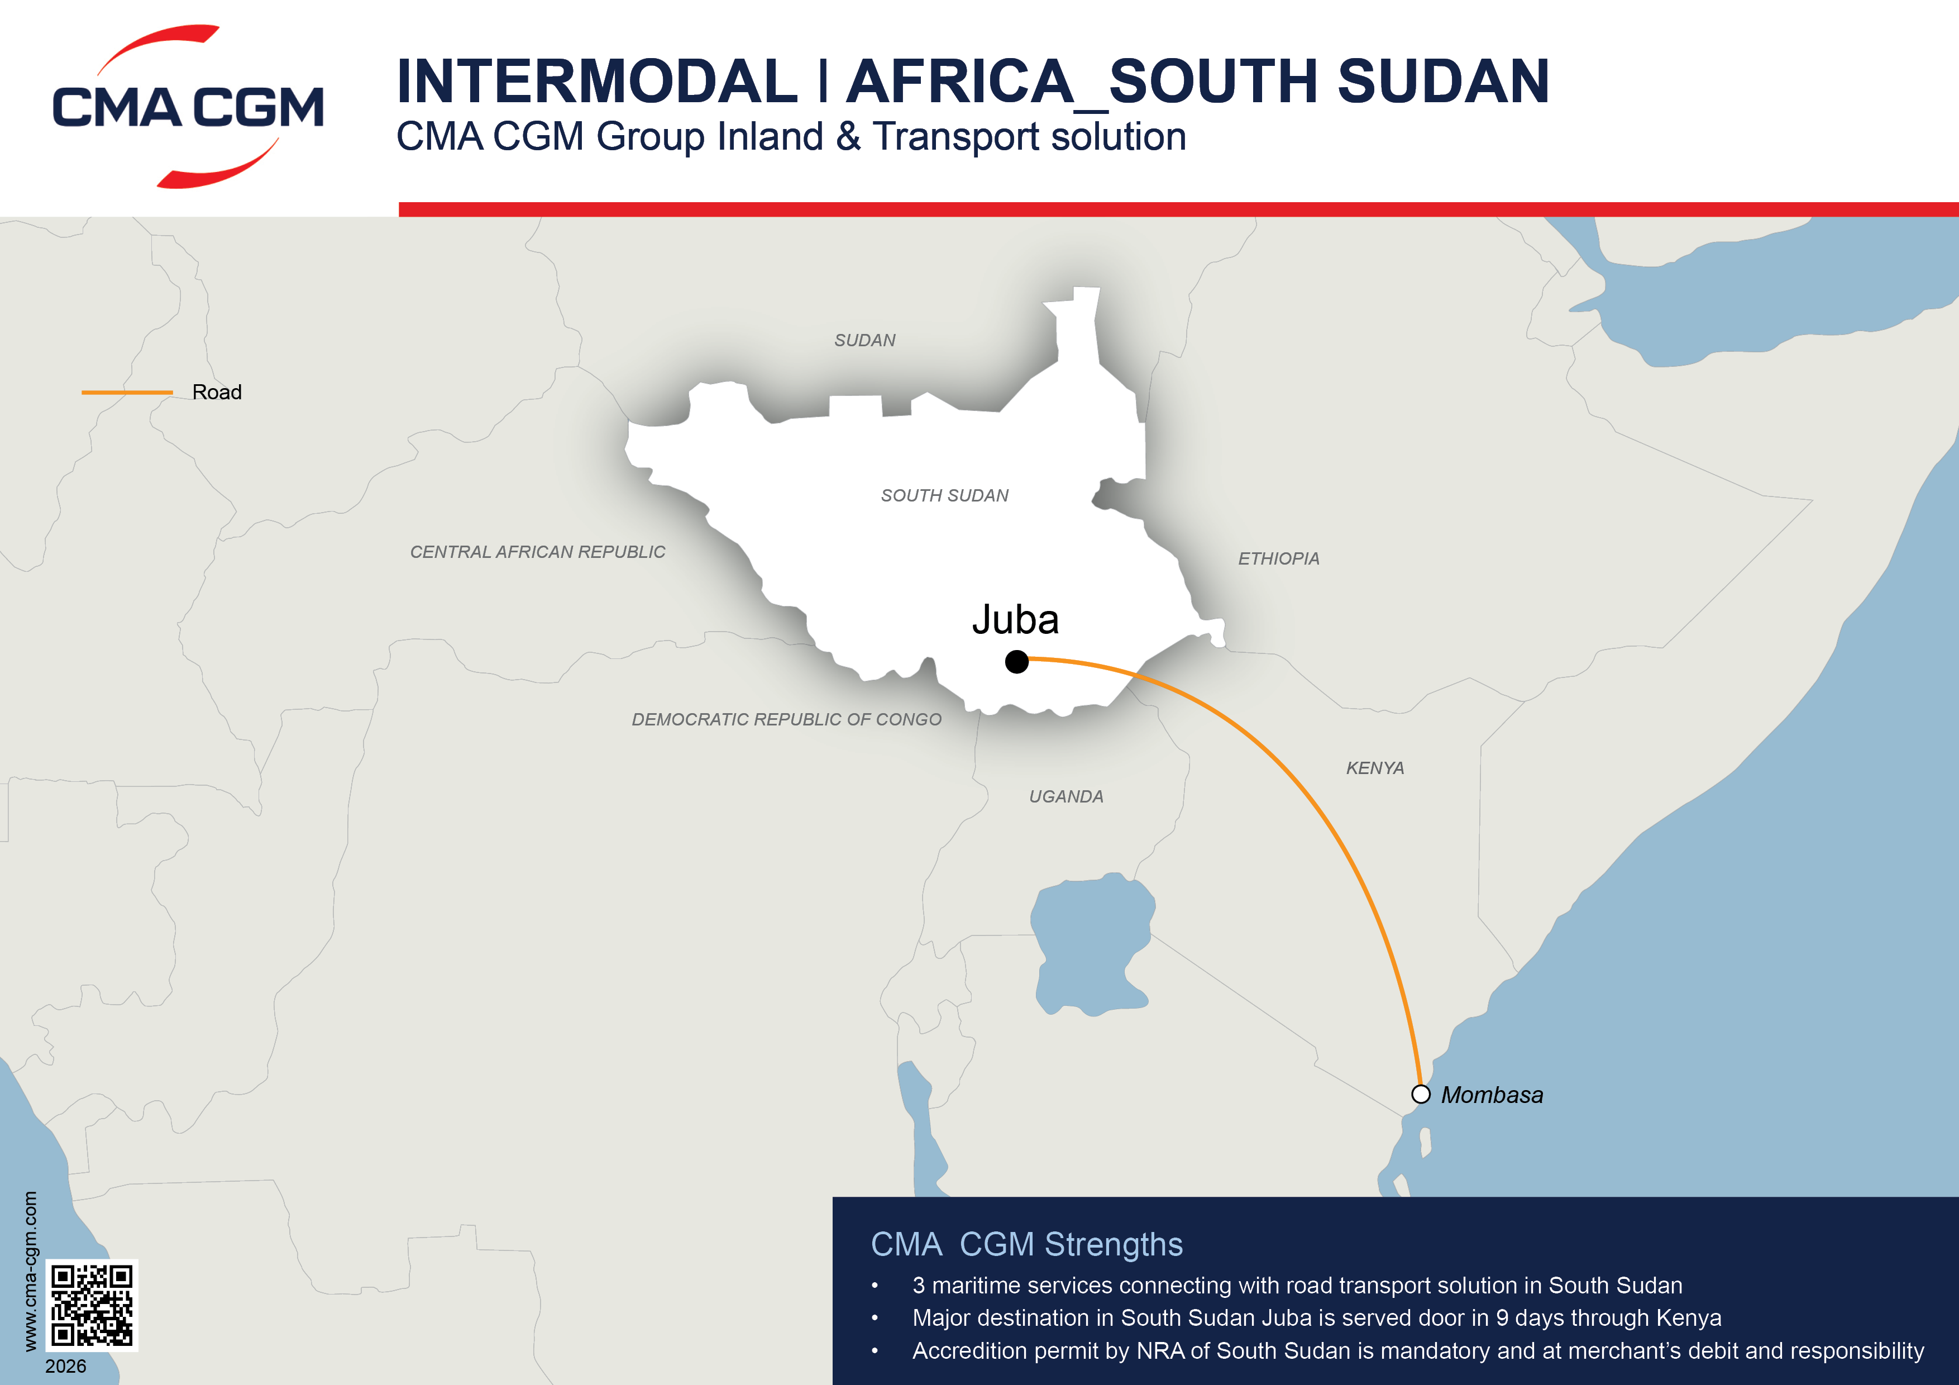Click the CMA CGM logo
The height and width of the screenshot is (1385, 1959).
188,107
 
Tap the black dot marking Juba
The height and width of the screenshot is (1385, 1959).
1016,661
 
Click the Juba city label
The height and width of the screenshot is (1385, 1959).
1015,619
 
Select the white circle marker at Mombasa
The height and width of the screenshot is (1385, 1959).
1421,1094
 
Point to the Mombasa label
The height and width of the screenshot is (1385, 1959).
1492,1095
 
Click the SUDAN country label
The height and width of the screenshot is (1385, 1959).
864,341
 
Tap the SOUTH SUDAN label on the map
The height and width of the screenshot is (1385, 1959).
944,496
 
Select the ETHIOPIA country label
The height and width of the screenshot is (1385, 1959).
1278,559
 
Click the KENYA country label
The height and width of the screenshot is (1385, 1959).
1374,768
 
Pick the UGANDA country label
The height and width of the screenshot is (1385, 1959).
1065,797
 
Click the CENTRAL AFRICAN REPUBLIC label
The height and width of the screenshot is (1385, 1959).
538,552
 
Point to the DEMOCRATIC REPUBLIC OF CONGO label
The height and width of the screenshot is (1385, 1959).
786,719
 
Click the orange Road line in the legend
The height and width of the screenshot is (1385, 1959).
127,393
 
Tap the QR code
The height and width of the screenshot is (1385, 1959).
91,1305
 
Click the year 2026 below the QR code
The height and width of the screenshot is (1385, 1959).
66,1366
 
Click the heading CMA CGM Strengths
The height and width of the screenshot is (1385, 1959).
1026,1244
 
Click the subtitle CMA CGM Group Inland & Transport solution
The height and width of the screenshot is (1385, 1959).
791,136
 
